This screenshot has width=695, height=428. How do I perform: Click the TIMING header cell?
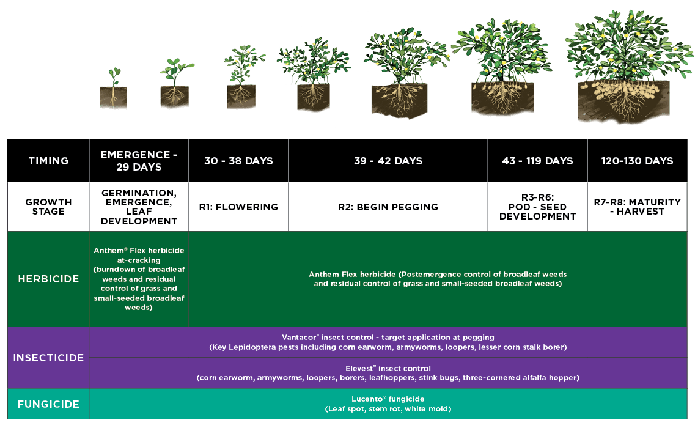click(48, 161)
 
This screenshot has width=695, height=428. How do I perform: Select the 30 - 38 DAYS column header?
click(238, 161)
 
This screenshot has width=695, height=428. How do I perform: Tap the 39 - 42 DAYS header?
click(388, 161)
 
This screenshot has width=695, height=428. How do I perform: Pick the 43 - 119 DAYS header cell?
click(538, 161)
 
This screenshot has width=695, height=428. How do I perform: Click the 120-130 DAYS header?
click(638, 161)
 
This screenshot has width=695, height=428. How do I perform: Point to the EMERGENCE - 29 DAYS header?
click(139, 161)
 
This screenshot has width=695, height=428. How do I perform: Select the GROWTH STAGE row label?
click(48, 207)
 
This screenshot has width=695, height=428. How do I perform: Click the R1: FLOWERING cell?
click(238, 207)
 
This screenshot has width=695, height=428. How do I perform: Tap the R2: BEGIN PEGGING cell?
click(388, 207)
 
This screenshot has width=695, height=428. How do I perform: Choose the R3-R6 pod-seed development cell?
click(538, 207)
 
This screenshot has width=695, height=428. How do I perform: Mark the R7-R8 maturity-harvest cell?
click(638, 207)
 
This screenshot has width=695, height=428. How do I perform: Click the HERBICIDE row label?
click(48, 279)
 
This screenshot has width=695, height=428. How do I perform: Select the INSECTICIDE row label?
click(48, 358)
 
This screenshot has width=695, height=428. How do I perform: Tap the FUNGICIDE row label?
click(48, 404)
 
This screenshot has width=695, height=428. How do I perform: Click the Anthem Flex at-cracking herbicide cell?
click(139, 279)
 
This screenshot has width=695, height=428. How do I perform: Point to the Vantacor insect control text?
click(388, 342)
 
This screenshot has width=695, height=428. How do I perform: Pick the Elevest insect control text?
click(388, 373)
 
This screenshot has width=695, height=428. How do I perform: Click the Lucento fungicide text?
click(388, 404)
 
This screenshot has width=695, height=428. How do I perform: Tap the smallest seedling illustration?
click(114, 88)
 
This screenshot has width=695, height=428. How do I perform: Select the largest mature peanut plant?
click(628, 67)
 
